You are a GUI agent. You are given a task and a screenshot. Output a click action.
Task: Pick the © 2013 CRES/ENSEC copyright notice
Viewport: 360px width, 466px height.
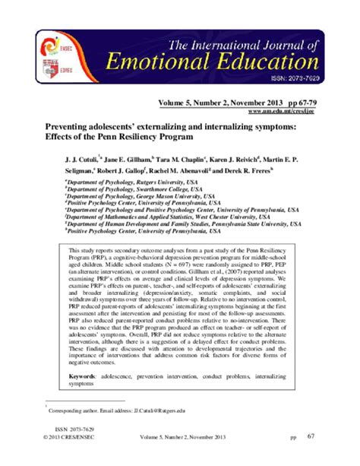[x=68, y=438]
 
